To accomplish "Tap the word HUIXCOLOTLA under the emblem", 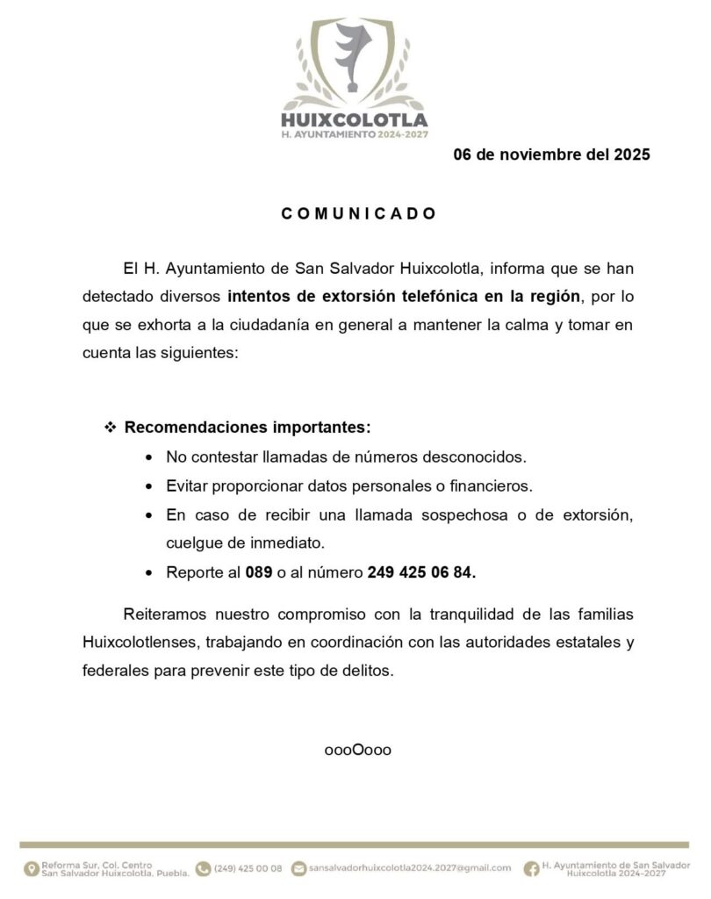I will click(x=355, y=119).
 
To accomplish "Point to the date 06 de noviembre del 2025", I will click(x=551, y=156).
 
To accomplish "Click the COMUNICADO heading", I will click(x=359, y=213).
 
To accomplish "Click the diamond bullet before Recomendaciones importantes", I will click(x=111, y=429).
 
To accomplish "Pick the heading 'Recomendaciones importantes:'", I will click(x=248, y=429).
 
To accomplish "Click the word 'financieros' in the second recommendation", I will click(x=492, y=485).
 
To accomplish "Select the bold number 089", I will click(x=259, y=572).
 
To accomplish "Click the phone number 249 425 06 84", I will click(x=421, y=572).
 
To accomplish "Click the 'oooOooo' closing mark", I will click(x=357, y=751).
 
